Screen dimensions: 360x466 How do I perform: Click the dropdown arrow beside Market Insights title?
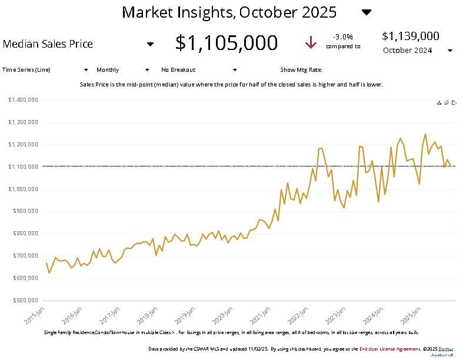pos(366,12)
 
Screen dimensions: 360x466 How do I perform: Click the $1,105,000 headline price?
pos(227,43)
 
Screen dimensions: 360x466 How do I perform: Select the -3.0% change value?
pos(342,36)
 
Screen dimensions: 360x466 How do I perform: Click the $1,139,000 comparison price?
pos(410,36)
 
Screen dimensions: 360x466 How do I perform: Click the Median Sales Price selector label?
pos(48,44)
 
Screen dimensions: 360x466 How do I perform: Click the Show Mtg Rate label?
pos(301,69)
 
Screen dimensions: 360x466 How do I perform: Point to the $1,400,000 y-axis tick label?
pos(24,100)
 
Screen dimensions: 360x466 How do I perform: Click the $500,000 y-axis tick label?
pos(25,301)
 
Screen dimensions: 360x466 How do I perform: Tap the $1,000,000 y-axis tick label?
pos(24,189)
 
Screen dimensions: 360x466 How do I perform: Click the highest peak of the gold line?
pos(425,134)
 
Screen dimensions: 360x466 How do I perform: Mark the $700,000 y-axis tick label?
pos(25,256)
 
